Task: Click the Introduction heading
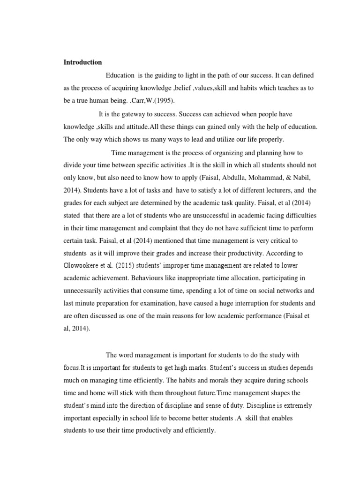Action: pos(82,62)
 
